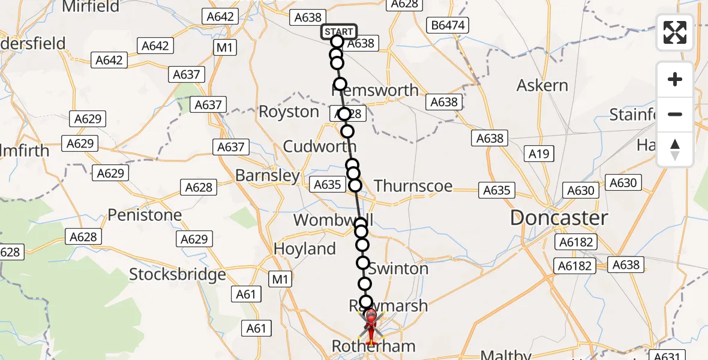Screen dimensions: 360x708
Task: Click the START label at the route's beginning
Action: pos(339,31)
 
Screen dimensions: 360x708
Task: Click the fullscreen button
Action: pos(675,32)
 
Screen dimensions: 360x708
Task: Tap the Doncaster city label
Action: pos(559,218)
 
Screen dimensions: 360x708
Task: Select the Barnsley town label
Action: pos(268,176)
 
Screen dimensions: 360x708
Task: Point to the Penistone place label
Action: pos(145,215)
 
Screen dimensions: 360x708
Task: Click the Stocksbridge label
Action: pos(178,275)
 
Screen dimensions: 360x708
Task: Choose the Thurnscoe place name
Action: pos(413,186)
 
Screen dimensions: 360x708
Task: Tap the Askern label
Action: pos(542,85)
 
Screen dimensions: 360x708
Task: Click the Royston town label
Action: pos(289,112)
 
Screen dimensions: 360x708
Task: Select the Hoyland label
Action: pos(305,248)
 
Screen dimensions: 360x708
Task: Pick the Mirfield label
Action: pos(91,7)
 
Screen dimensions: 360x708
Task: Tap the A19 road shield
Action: pos(539,154)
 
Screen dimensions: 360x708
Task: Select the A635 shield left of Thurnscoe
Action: pos(328,185)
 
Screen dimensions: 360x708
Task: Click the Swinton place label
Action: pos(398,269)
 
